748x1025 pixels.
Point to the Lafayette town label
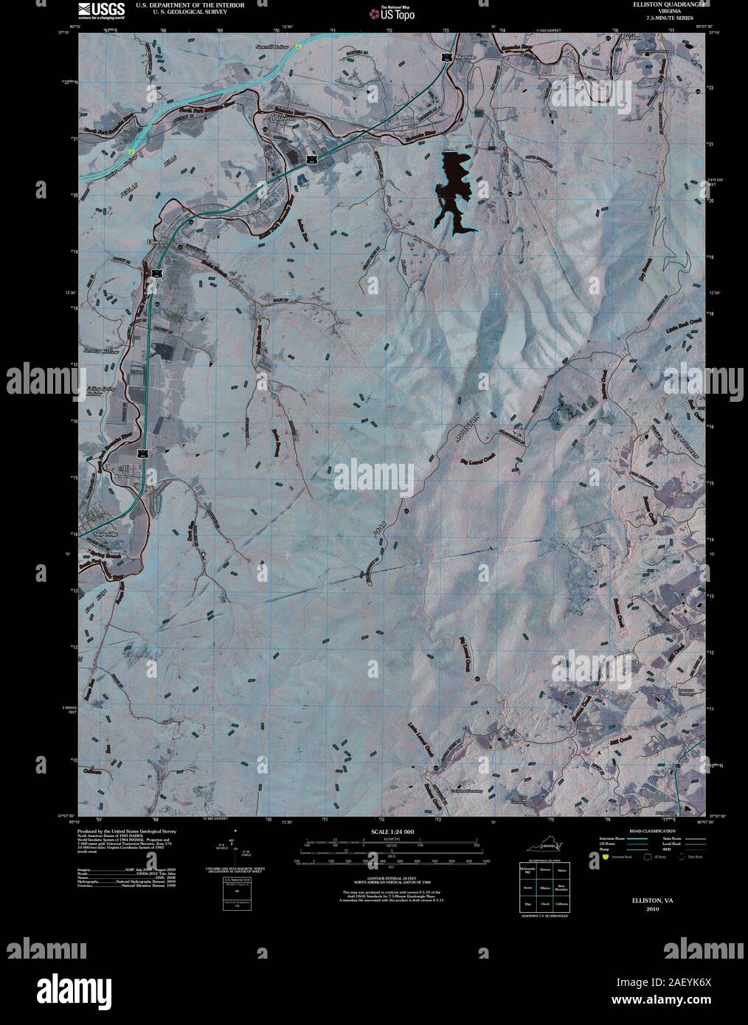(x=283, y=117)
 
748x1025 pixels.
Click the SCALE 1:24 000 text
(x=393, y=831)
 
